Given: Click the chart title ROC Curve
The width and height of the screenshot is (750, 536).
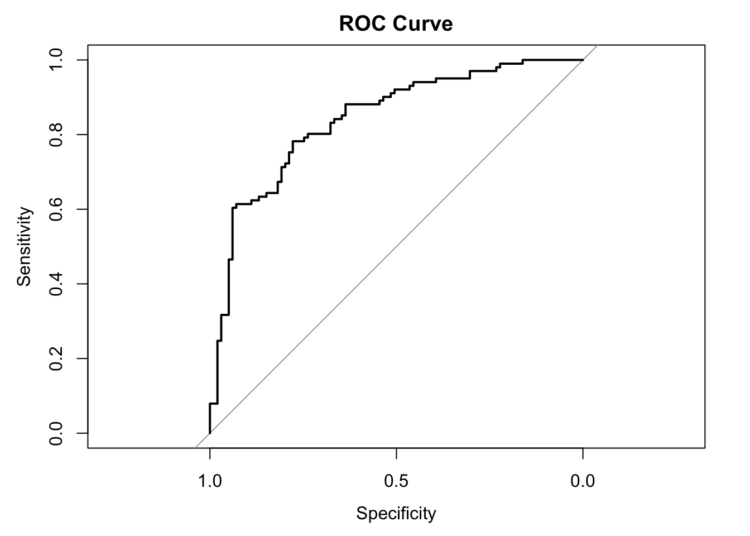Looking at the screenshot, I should [x=396, y=23].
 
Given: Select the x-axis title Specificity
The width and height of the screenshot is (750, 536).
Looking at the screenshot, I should [x=396, y=513].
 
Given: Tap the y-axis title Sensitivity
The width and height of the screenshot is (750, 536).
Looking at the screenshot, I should [x=24, y=246].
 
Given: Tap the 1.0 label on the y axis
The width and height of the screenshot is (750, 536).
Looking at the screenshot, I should [x=56, y=60].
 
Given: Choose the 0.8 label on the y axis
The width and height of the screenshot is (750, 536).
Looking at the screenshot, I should [x=56, y=135].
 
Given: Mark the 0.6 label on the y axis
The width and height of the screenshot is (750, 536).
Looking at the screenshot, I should [x=56, y=209].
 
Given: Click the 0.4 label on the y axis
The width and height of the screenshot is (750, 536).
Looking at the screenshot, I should [x=56, y=284].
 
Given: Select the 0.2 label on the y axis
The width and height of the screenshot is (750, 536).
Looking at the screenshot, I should [x=56, y=358].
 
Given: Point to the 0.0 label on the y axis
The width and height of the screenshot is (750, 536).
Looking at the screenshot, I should [x=56, y=433].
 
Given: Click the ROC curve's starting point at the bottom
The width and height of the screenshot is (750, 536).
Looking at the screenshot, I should [x=210, y=433].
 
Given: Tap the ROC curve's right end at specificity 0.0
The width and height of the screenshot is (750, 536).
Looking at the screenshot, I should [x=583, y=60].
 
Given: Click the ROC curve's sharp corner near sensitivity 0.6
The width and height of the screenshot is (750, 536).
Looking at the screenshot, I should [x=232, y=208].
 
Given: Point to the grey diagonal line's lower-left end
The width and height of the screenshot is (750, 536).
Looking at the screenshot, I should [x=195, y=447].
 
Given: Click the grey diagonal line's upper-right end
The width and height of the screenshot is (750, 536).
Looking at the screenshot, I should [x=597, y=45].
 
